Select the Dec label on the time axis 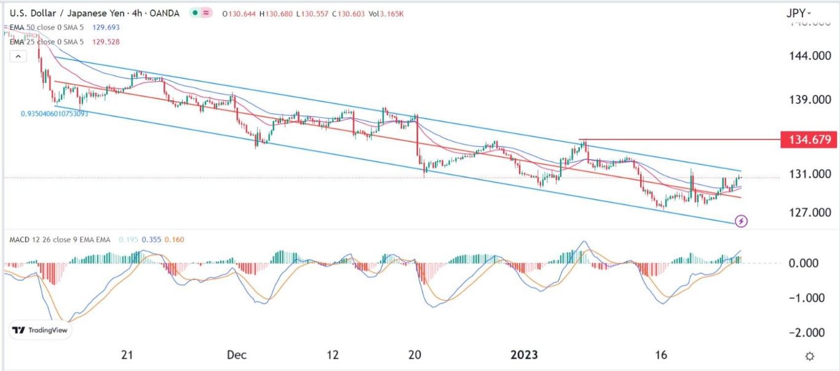(x=237, y=355)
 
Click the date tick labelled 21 (x=127, y=355)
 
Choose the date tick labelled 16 (x=661, y=355)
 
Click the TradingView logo (x=41, y=330)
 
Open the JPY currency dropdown (x=799, y=13)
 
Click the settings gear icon (x=810, y=356)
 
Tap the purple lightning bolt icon (x=742, y=221)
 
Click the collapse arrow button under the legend (x=18, y=57)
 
